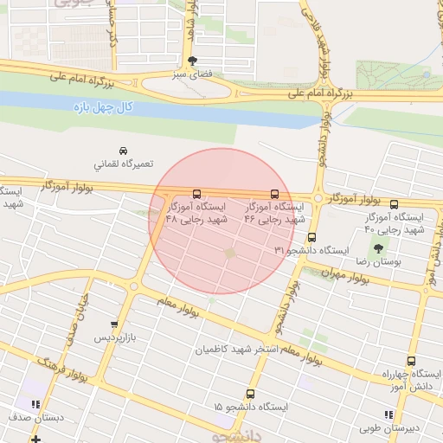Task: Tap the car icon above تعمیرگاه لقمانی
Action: coord(123,150)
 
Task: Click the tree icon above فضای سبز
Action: coord(191,60)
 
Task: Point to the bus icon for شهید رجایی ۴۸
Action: coord(197,195)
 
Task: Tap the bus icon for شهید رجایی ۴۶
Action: coord(275,195)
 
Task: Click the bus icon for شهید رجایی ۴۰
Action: coord(395,204)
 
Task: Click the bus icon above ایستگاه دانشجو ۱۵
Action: coord(251,394)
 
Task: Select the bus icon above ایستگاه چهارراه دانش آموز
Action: coord(410,362)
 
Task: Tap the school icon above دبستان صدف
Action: coord(35,404)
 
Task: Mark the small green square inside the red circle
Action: coord(230,253)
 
